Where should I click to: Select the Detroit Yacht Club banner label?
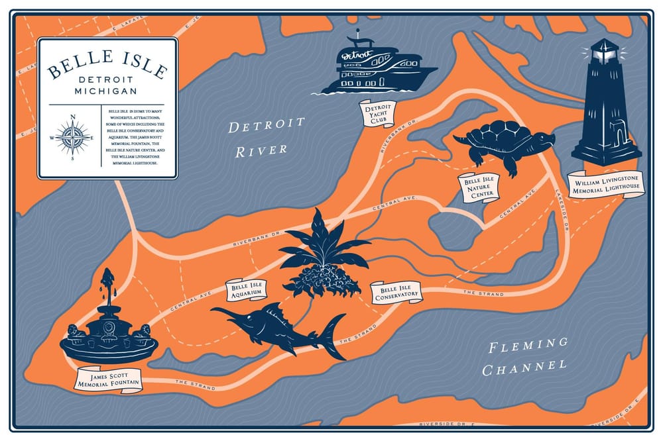pyautogui.click(x=377, y=114)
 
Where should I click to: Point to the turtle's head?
pyautogui.click(x=545, y=140)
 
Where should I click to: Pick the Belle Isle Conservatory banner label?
pyautogui.click(x=396, y=292)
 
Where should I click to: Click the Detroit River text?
pyautogui.click(x=265, y=136)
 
